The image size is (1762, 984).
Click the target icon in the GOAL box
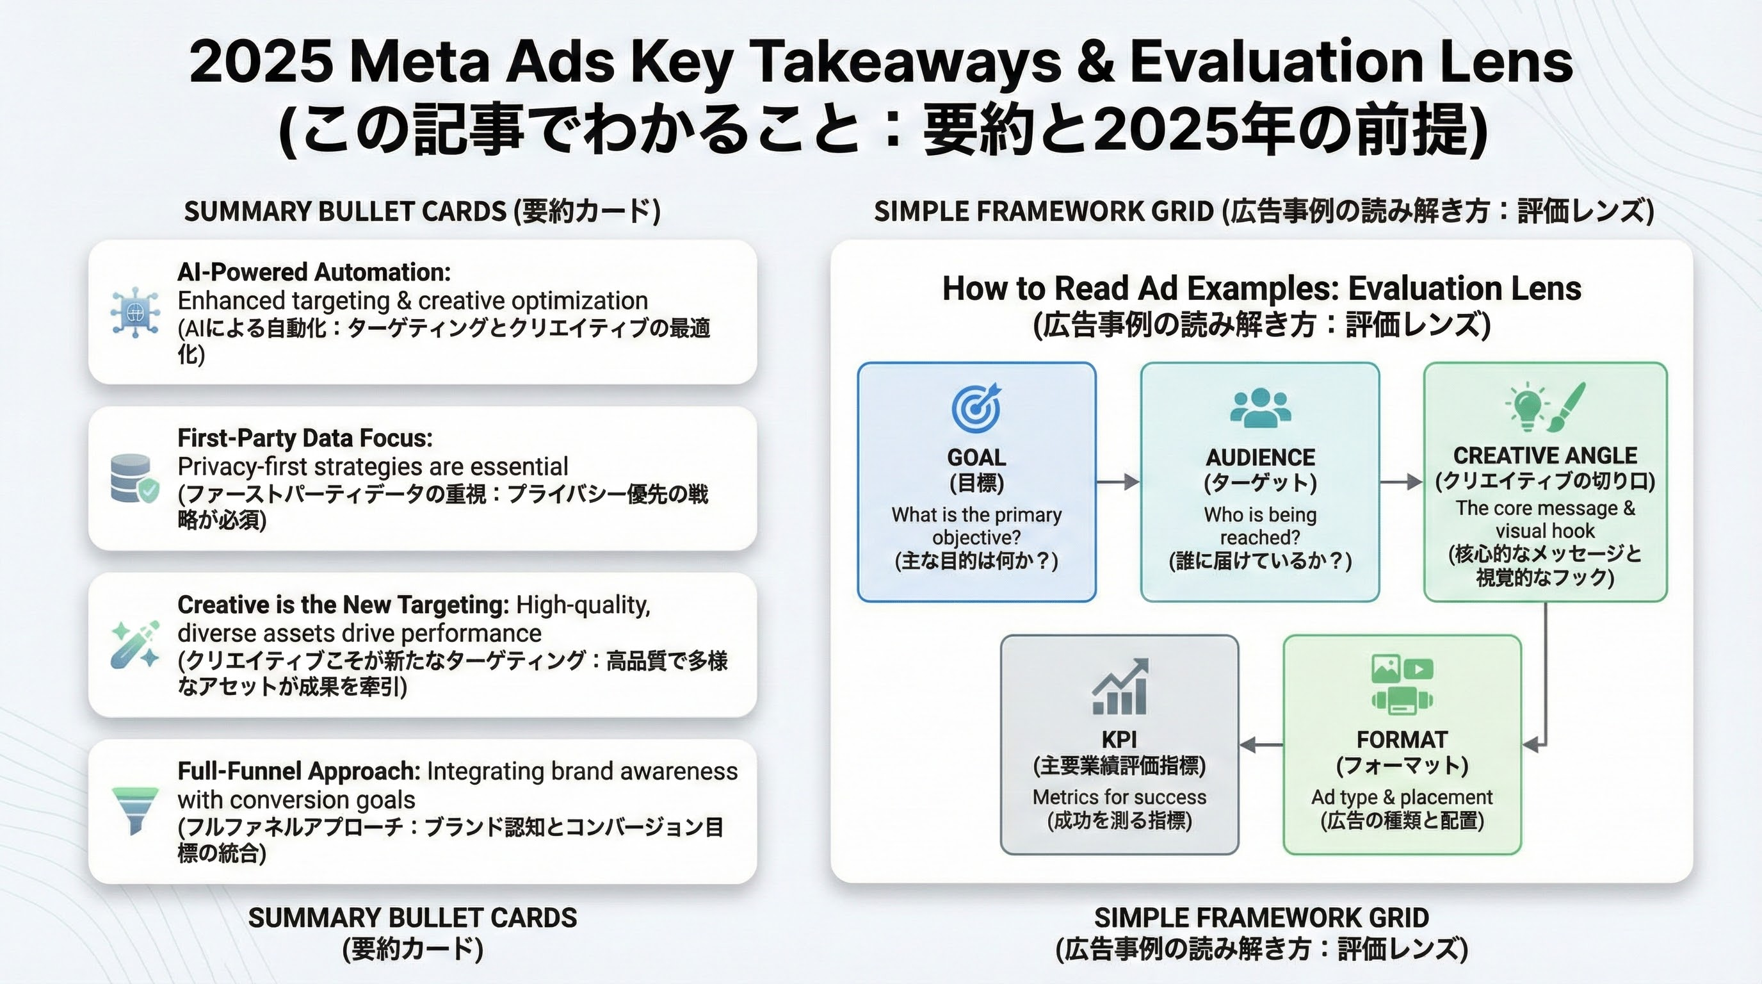(x=976, y=408)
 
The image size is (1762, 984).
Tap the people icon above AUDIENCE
(x=1260, y=408)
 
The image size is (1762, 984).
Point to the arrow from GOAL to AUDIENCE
(x=1118, y=482)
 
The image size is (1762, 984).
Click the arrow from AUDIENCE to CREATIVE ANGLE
(x=1401, y=482)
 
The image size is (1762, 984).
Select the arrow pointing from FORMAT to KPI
(x=1261, y=744)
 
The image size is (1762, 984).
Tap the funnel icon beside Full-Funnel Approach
(x=134, y=810)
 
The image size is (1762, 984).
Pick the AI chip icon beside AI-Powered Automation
(x=134, y=312)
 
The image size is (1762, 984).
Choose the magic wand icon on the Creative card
(x=134, y=644)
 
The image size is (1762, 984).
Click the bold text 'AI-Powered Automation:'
(x=314, y=272)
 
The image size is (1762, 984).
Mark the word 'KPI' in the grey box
(x=1119, y=739)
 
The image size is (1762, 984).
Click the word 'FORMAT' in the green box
(x=1402, y=739)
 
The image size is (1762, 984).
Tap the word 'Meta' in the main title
(x=420, y=61)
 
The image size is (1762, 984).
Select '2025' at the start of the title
(x=261, y=61)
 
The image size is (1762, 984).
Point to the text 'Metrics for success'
(x=1119, y=796)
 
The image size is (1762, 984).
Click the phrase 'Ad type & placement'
(x=1402, y=796)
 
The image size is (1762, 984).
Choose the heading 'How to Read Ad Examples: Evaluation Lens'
(x=1261, y=288)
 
